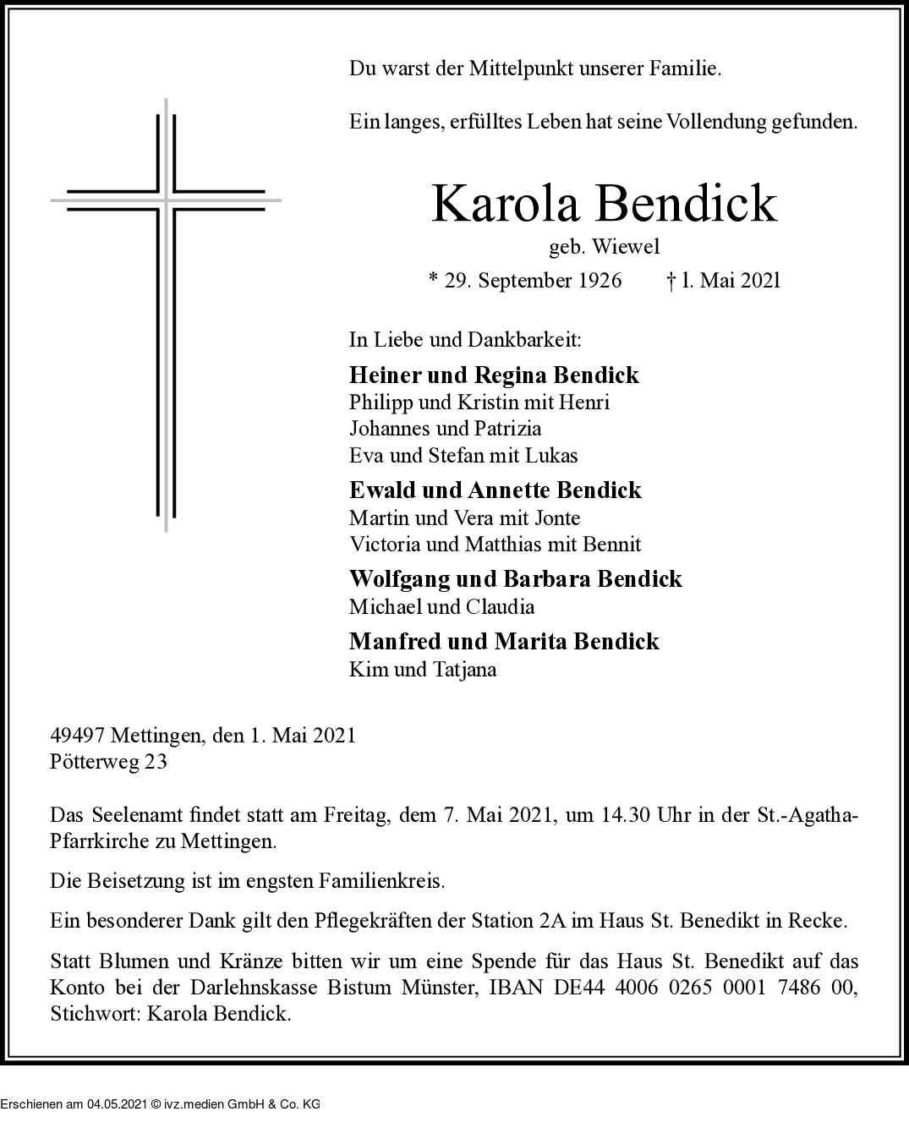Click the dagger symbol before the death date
click(x=671, y=281)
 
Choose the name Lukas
click(x=551, y=456)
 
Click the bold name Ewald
click(x=381, y=490)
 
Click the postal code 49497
click(x=77, y=736)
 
